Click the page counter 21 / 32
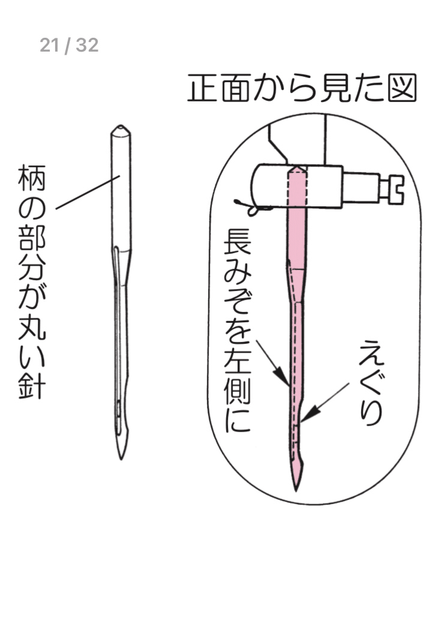[x=69, y=45]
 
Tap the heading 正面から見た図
[x=302, y=89]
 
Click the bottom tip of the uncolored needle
[x=121, y=457]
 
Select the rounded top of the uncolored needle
[x=121, y=130]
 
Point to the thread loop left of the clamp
[x=252, y=208]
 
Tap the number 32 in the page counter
[x=87, y=45]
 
